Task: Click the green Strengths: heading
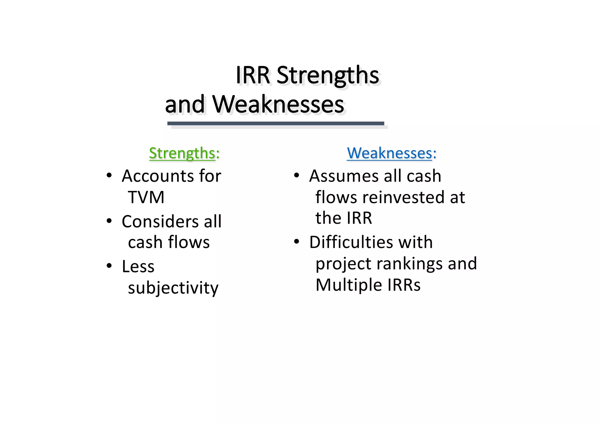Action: [184, 153]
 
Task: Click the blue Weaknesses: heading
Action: [391, 153]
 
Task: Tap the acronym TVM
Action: [146, 197]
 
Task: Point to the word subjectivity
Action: [173, 288]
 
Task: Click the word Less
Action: [138, 267]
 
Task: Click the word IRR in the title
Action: [253, 75]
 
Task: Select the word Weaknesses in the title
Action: [278, 105]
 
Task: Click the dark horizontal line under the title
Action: [275, 124]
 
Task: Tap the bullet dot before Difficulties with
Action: [296, 242]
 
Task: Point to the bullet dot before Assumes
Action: [296, 175]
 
